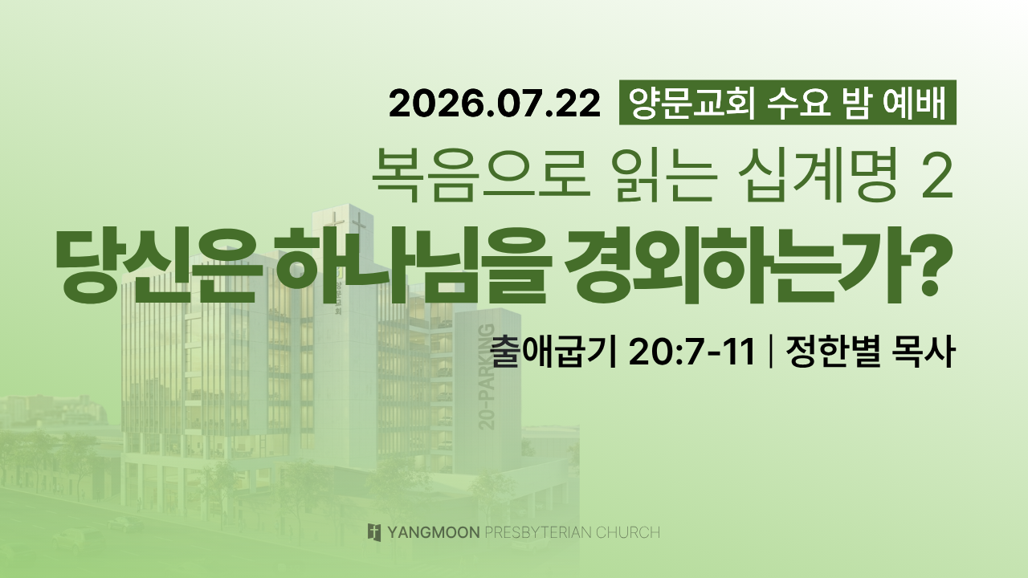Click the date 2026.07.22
click(494, 104)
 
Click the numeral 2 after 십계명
click(939, 179)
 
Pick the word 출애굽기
click(553, 352)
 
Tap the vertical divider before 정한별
click(769, 352)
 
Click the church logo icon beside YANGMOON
click(374, 532)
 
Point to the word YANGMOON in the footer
click(433, 532)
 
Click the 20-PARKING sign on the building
click(487, 377)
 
